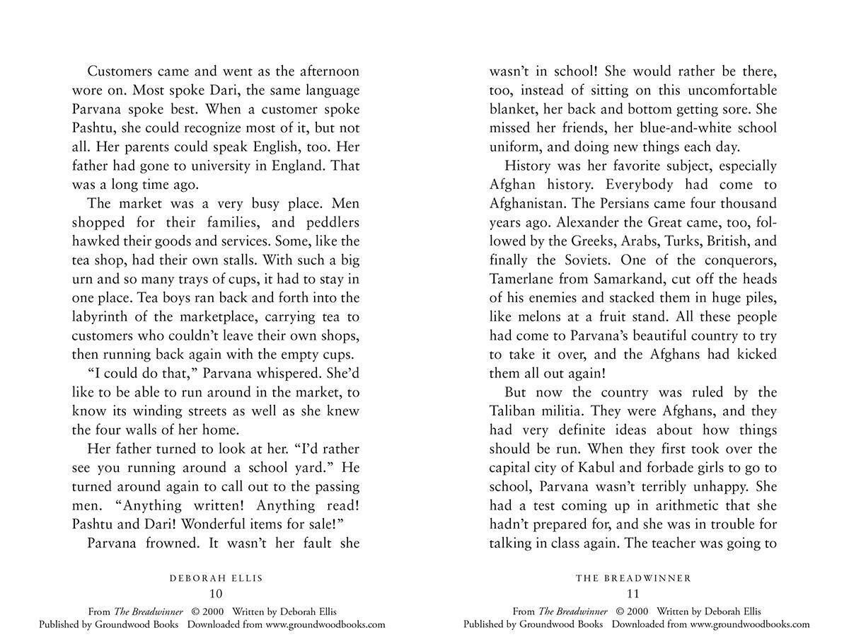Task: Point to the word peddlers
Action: tap(330, 222)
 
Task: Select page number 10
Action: tap(216, 594)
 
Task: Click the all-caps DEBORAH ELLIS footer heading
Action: tap(216, 578)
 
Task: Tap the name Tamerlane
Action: tap(522, 279)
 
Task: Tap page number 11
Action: tap(633, 594)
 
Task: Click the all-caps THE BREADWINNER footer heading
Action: tap(633, 578)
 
